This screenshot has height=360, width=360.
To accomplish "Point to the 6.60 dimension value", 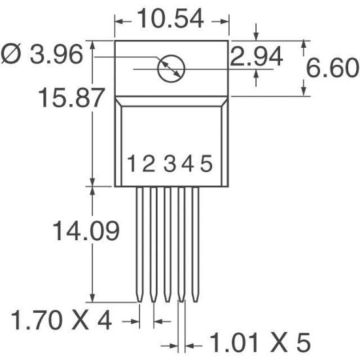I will [x=333, y=67].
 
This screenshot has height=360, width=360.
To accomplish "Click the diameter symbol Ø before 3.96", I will [x=12, y=56].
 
